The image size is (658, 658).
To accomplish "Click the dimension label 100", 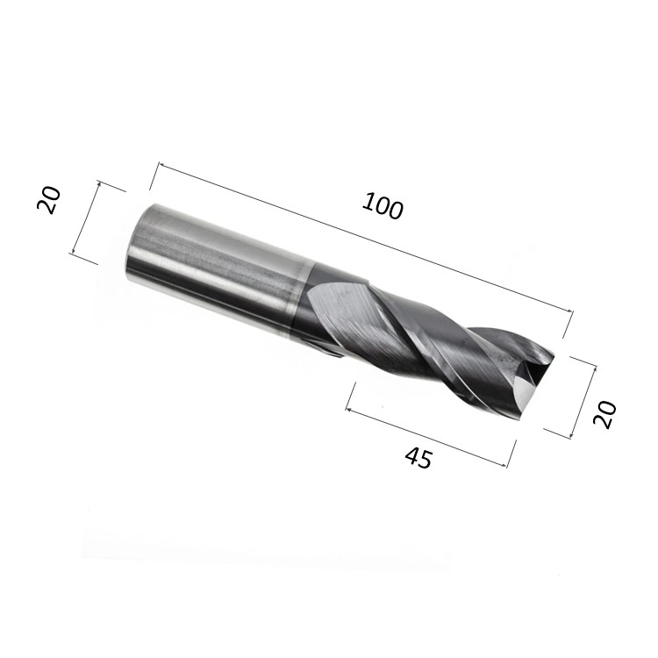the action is [383, 206].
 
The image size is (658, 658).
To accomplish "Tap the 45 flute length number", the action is [418, 457].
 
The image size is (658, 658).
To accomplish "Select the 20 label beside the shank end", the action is [48, 200].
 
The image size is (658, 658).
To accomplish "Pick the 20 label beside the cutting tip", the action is [604, 415].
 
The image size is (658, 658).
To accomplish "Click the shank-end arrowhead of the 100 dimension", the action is [161, 166].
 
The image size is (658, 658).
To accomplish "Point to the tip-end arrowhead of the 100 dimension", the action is [569, 311].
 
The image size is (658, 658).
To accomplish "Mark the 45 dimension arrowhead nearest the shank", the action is [348, 409].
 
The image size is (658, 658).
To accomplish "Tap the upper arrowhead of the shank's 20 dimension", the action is [99, 183].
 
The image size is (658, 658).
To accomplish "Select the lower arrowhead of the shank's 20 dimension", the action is [74, 251].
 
